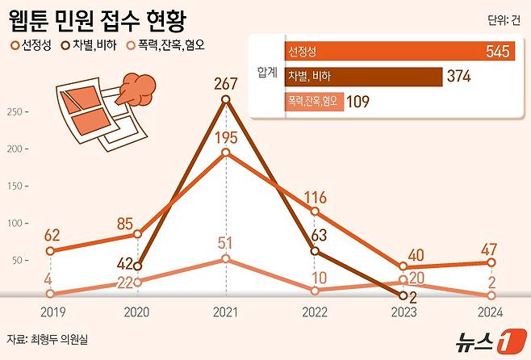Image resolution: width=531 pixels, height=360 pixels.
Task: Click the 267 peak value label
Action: click(x=225, y=82)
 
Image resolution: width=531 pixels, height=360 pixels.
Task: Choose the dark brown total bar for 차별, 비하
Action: click(x=363, y=77)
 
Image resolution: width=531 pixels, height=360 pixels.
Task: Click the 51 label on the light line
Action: click(x=225, y=243)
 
